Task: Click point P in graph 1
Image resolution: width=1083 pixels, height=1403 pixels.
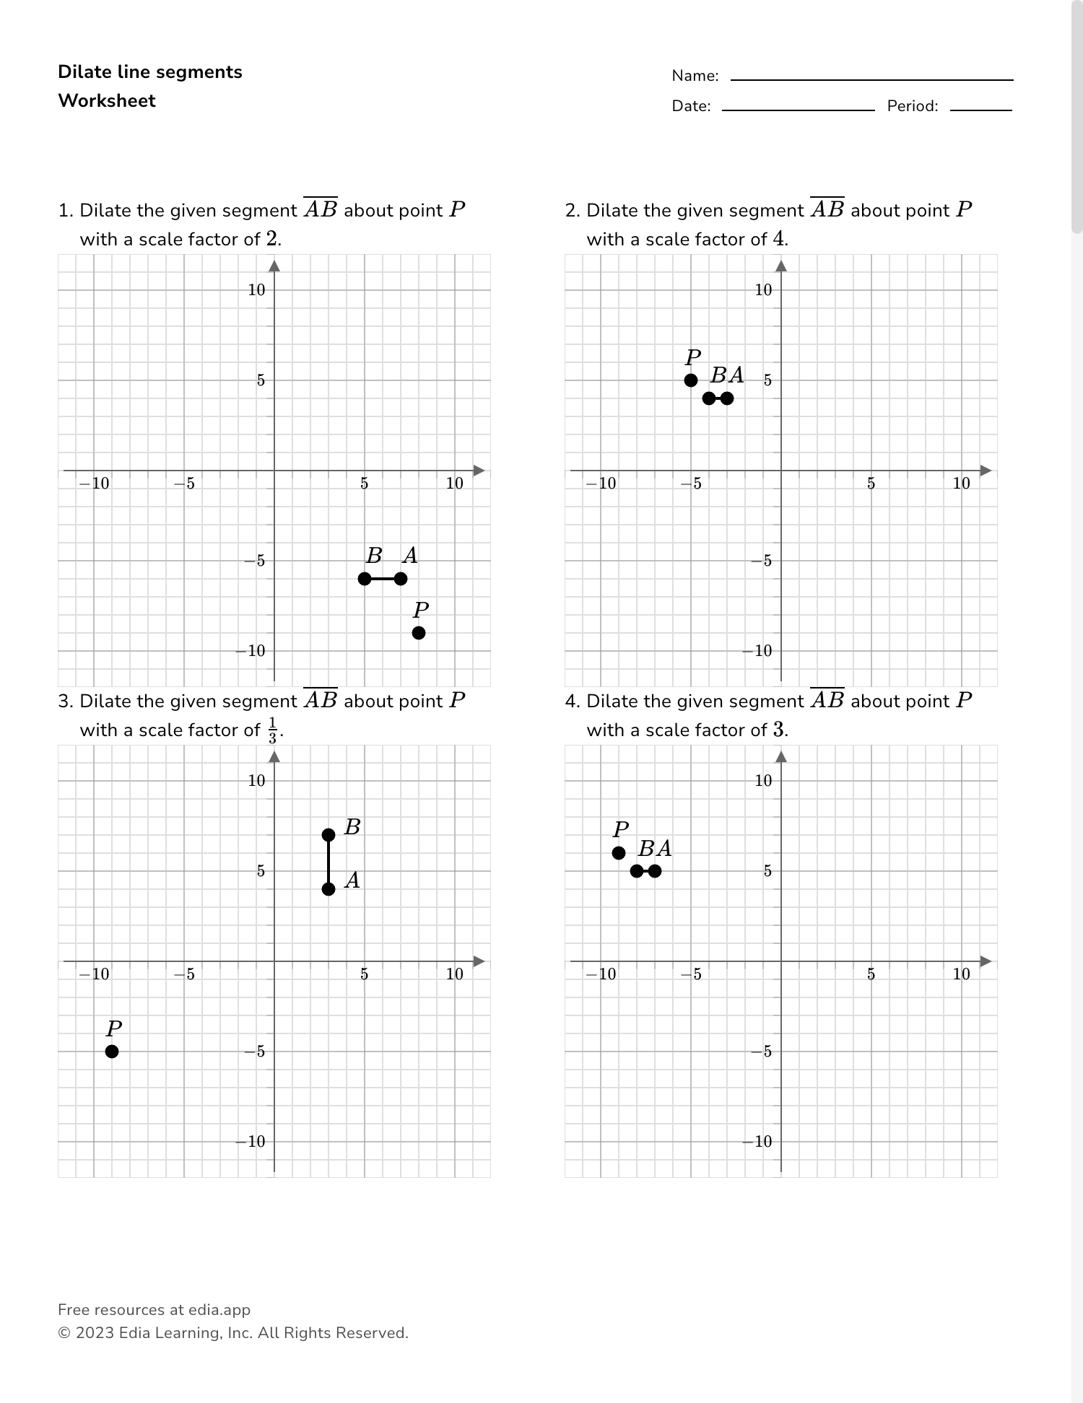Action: point(419,633)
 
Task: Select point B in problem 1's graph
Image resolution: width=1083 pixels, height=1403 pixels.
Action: point(365,579)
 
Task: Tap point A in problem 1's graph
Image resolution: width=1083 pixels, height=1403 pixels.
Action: point(401,579)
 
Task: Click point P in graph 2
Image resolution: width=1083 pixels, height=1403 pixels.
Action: point(691,380)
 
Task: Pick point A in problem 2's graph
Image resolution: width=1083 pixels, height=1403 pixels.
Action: point(727,398)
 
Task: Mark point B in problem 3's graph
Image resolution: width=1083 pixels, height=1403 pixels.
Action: point(329,835)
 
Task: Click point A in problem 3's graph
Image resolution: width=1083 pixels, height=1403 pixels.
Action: point(329,889)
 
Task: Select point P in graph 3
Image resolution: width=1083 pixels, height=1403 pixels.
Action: point(112,1052)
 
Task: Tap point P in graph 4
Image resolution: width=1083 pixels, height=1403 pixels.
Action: point(619,853)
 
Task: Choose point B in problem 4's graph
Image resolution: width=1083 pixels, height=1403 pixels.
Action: point(637,871)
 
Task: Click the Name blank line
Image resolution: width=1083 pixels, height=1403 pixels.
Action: point(871,79)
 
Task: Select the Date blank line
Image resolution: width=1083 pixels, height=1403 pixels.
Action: point(798,109)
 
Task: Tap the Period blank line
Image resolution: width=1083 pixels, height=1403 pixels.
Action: point(980,109)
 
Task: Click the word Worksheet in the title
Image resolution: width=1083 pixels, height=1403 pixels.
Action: point(107,101)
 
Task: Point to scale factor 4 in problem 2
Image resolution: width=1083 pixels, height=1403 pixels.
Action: point(778,239)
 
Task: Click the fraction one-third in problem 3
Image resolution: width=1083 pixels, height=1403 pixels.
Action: point(272,730)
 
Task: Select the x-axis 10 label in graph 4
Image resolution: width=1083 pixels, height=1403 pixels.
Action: point(961,974)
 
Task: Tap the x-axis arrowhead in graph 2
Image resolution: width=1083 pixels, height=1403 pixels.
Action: point(986,471)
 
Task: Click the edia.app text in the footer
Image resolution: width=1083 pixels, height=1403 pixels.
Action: point(219,1310)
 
